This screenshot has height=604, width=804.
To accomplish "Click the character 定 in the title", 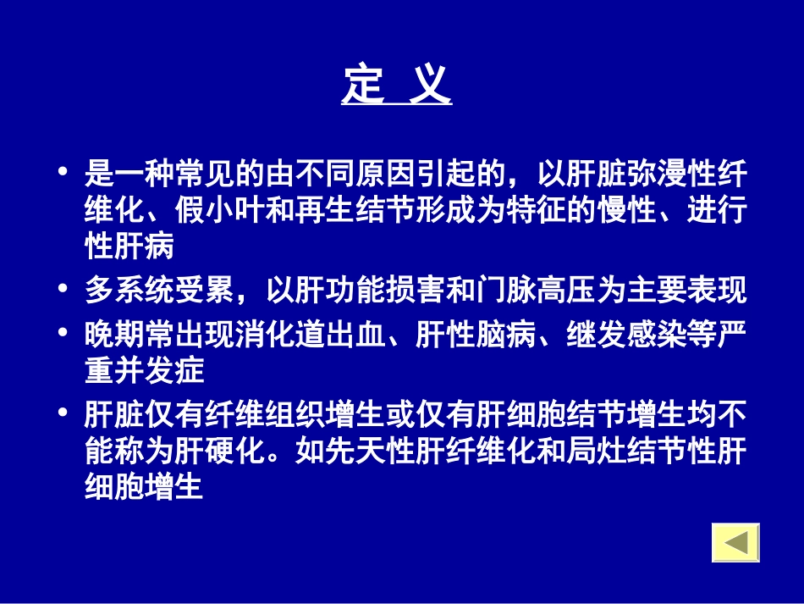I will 363,86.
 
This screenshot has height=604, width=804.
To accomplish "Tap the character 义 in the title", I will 430,86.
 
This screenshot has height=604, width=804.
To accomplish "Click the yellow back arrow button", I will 735,542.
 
